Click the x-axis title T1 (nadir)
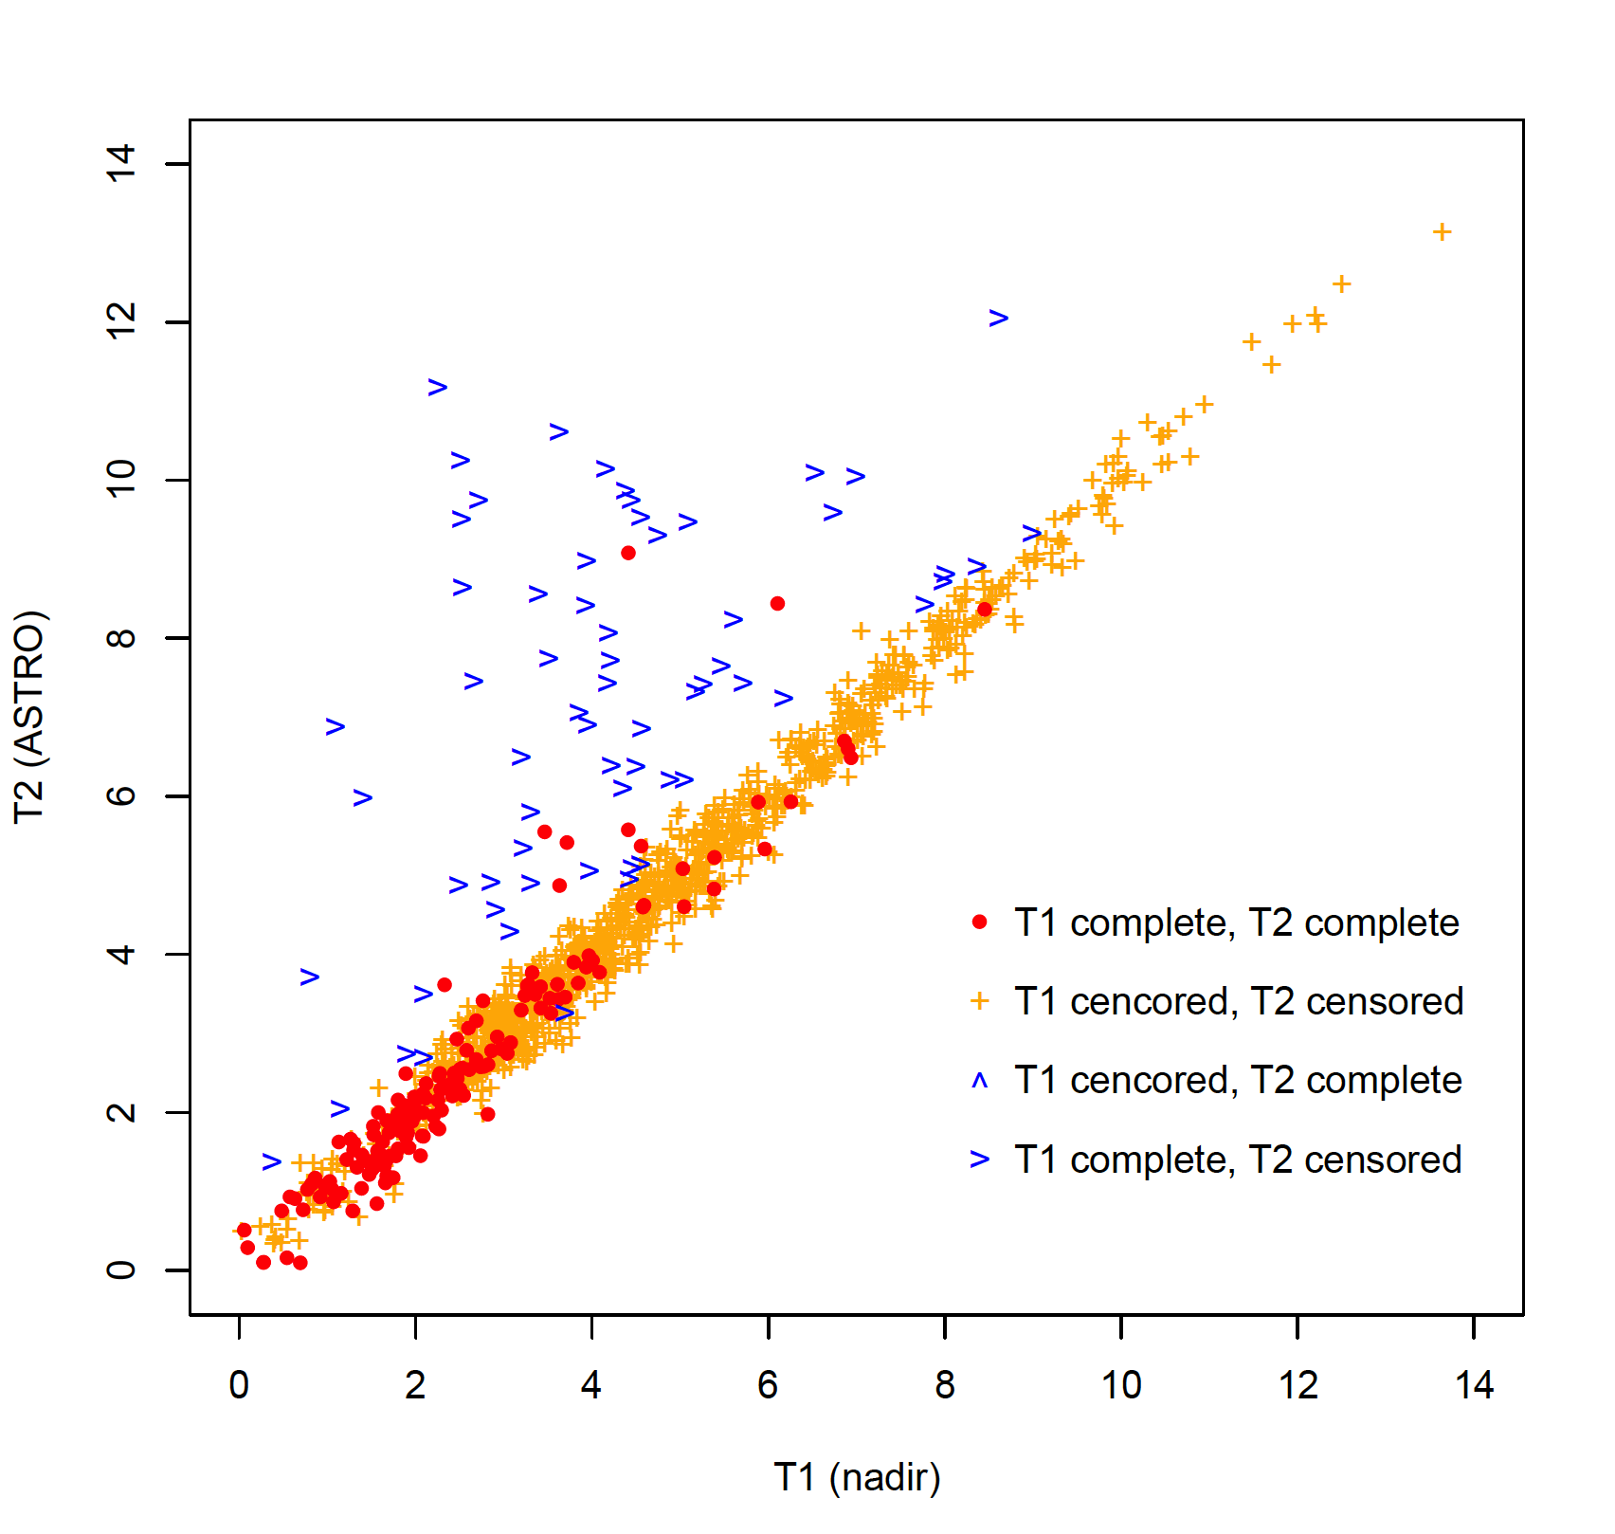pyautogui.click(x=857, y=1477)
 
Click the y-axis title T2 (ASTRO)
pyautogui.click(x=30, y=717)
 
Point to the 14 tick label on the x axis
pyautogui.click(x=1474, y=1386)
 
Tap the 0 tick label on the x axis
pyautogui.click(x=239, y=1386)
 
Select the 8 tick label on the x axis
pyautogui.click(x=945, y=1386)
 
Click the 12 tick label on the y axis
pyautogui.click(x=121, y=322)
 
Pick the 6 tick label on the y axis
pyautogui.click(x=121, y=795)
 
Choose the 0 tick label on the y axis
pyautogui.click(x=121, y=1269)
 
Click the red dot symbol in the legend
pyautogui.click(x=980, y=922)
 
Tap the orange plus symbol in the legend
pyautogui.click(x=980, y=1001)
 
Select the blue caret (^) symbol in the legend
pyautogui.click(x=980, y=1080)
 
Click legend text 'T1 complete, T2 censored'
pyautogui.click(x=1238, y=1160)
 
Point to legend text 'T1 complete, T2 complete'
pyautogui.click(x=1236, y=922)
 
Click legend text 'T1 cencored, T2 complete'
pyautogui.click(x=1238, y=1081)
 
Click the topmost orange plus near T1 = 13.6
pyautogui.click(x=1442, y=231)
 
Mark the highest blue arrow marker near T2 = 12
pyautogui.click(x=998, y=319)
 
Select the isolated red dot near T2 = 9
pyautogui.click(x=628, y=553)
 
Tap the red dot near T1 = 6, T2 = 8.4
pyautogui.click(x=777, y=604)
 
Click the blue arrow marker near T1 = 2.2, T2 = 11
pyautogui.click(x=437, y=387)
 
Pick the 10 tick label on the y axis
pyautogui.click(x=121, y=480)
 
